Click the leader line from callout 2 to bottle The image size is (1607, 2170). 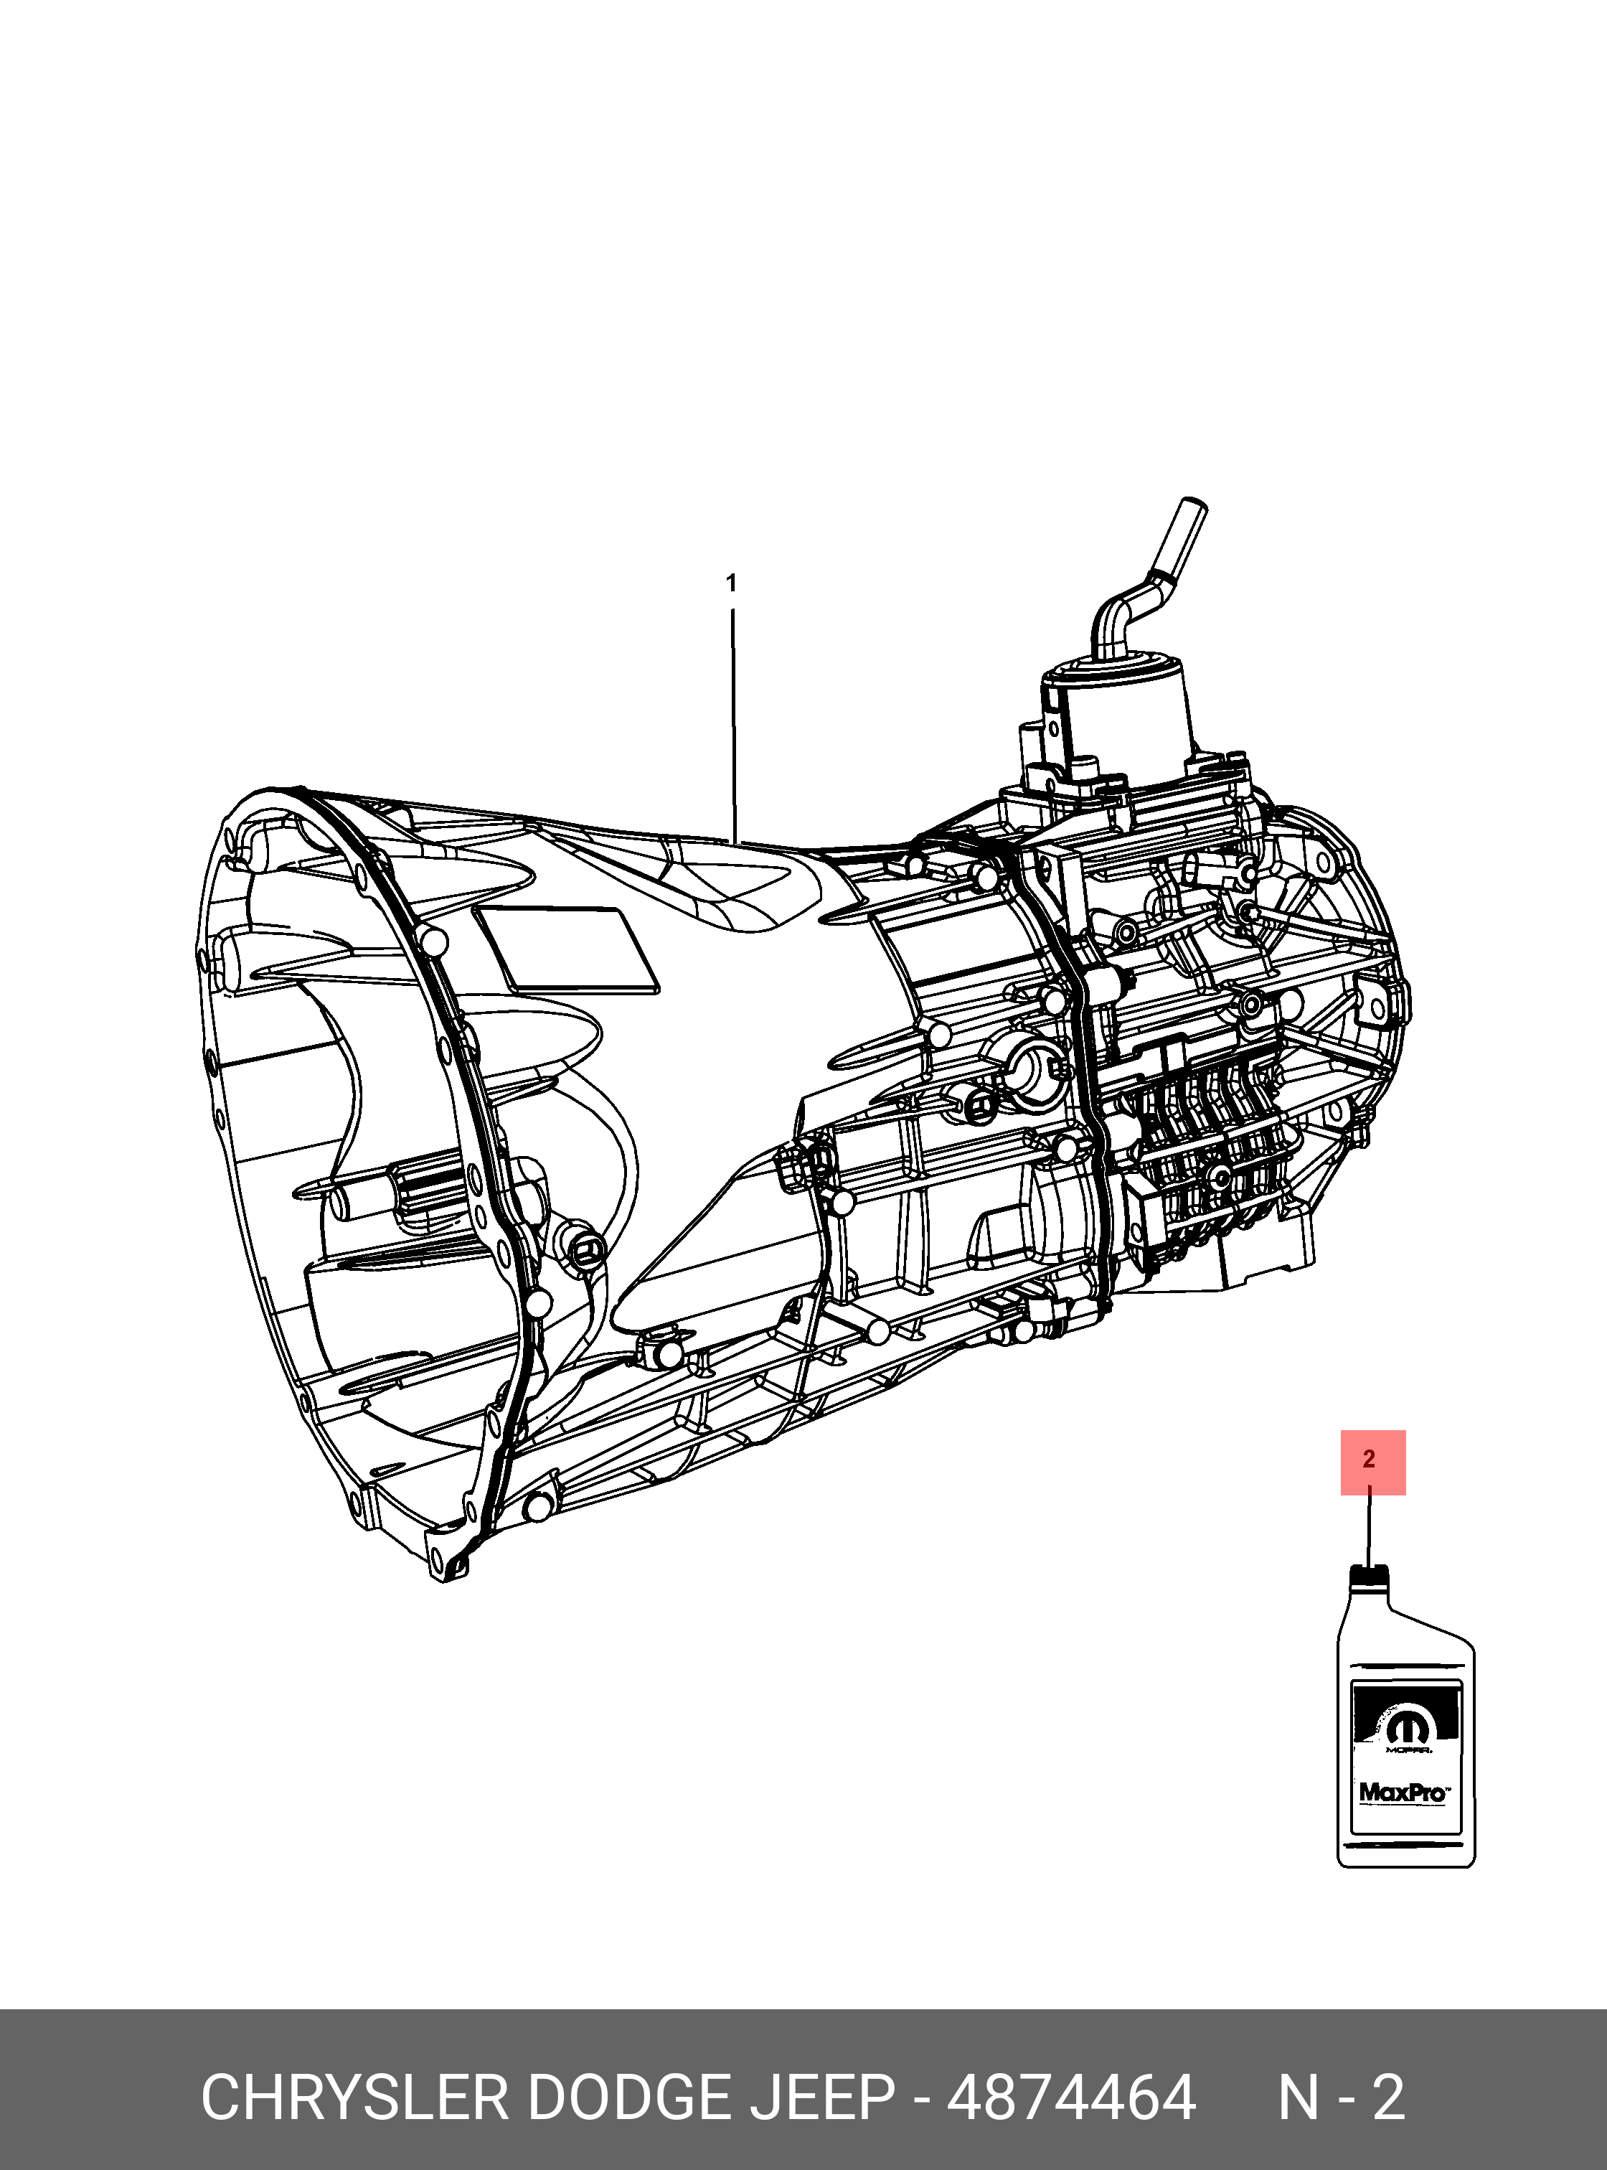coord(1370,1528)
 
